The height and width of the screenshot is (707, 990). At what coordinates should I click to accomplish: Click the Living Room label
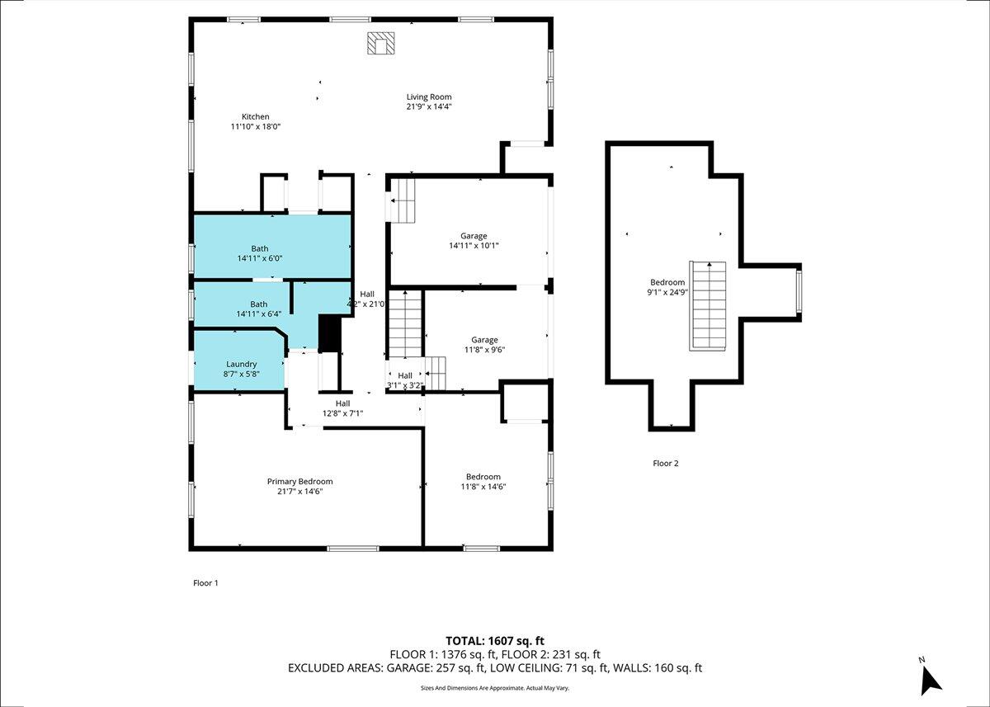[x=429, y=97]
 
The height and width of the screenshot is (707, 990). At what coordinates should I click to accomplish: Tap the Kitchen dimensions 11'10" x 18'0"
[x=256, y=126]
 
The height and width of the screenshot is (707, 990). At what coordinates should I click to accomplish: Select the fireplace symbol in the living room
[x=380, y=43]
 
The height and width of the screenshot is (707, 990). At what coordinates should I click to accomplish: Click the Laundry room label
[x=241, y=364]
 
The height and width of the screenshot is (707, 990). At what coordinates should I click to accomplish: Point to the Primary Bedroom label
[x=299, y=481]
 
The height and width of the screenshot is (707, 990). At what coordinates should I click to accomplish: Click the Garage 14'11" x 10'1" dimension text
[x=474, y=246]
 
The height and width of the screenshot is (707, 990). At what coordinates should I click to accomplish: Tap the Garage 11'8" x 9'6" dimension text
[x=484, y=350]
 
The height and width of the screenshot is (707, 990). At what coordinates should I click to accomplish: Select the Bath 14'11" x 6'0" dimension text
[x=259, y=258]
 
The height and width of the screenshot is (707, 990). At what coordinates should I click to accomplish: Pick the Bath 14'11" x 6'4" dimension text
[x=258, y=314]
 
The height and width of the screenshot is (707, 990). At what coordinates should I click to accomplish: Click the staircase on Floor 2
[x=709, y=306]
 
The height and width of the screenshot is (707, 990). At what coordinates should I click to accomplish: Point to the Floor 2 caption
[x=665, y=463]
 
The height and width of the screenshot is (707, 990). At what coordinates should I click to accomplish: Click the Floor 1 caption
[x=205, y=582]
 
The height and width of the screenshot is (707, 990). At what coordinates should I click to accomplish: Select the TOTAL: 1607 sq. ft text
[x=494, y=641]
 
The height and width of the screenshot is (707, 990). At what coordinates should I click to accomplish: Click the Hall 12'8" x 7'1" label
[x=342, y=408]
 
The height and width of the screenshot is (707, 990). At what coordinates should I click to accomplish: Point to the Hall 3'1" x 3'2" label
[x=405, y=380]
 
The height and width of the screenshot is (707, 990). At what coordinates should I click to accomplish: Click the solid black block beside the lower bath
[x=330, y=333]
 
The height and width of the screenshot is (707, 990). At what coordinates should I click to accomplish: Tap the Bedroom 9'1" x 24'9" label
[x=667, y=287]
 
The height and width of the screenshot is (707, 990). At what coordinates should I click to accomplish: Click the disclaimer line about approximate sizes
[x=494, y=688]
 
